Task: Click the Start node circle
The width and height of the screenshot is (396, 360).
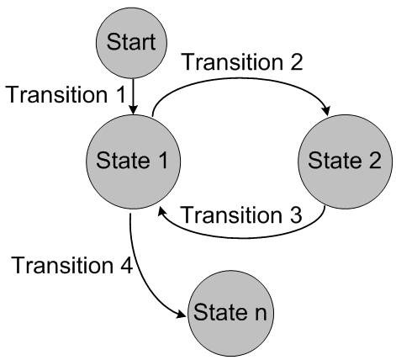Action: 132,40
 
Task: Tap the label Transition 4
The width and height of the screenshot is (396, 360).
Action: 71,267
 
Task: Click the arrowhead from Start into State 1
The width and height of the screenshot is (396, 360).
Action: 132,108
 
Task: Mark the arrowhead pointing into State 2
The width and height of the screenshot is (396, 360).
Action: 323,115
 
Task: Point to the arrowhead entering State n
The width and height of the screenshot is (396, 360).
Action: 183,314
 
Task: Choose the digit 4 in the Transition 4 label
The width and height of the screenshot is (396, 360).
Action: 127,267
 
